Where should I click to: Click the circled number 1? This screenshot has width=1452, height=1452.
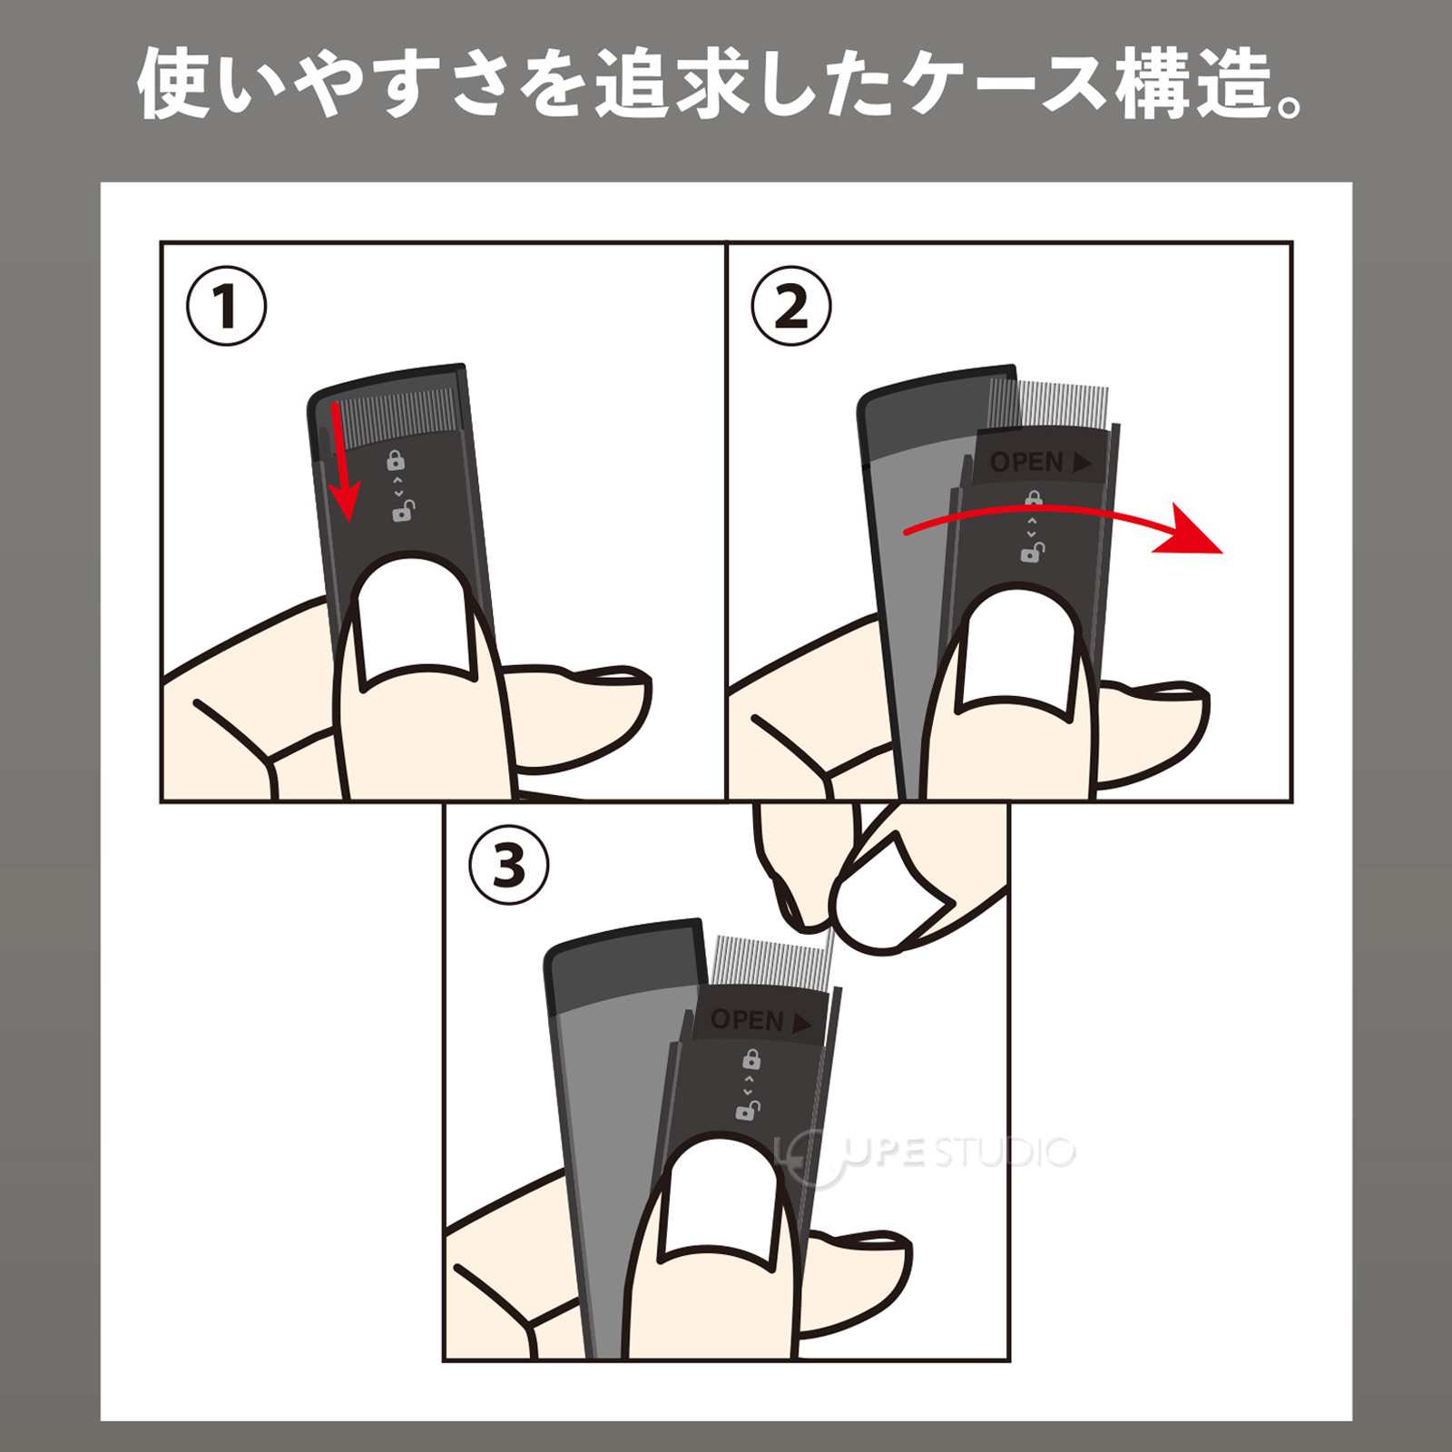pyautogui.click(x=226, y=306)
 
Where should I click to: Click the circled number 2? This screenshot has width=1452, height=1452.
pyautogui.click(x=791, y=306)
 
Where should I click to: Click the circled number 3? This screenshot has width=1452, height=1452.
pyautogui.click(x=509, y=865)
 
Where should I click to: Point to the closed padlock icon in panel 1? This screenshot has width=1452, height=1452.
pyautogui.click(x=396, y=460)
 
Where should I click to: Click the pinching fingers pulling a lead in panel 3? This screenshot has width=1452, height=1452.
pyautogui.click(x=871, y=885)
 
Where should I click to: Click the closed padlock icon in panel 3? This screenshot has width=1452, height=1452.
pyautogui.click(x=751, y=1058)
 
